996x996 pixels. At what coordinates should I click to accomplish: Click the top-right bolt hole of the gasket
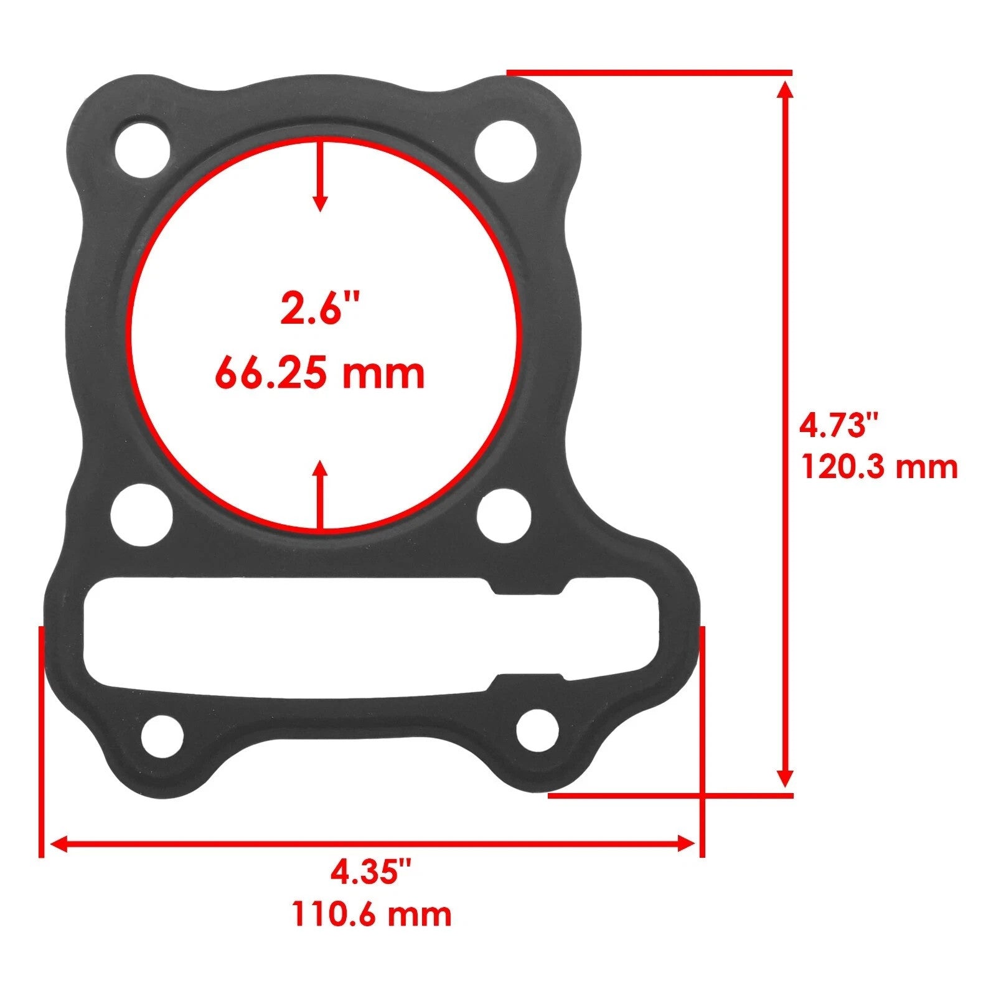(505, 151)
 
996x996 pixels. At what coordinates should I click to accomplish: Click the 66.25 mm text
(320, 374)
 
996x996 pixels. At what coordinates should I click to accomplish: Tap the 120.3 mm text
(878, 467)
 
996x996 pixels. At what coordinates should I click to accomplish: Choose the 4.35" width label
(371, 872)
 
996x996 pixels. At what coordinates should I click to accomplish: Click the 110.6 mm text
(371, 915)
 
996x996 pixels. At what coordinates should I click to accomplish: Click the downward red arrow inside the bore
(320, 177)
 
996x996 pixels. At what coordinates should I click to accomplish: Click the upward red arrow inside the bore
(320, 495)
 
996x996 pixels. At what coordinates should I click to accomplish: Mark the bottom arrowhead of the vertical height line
(786, 778)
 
